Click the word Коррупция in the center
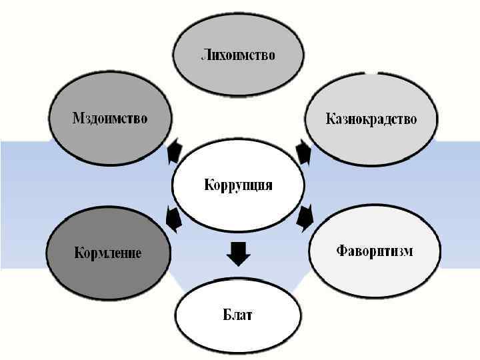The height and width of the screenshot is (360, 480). [238, 185]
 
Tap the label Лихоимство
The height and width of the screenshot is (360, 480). [238, 55]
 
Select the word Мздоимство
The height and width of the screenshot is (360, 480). [110, 119]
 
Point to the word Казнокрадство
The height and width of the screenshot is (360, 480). [371, 119]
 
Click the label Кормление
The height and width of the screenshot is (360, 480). [107, 253]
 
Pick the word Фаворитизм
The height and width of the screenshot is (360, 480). [374, 251]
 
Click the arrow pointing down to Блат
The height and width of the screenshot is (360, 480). [238, 253]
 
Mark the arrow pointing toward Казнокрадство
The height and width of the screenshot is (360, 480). [304, 152]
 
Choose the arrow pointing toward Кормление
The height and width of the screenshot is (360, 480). [173, 218]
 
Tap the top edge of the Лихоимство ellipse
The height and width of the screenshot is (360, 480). [238, 15]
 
